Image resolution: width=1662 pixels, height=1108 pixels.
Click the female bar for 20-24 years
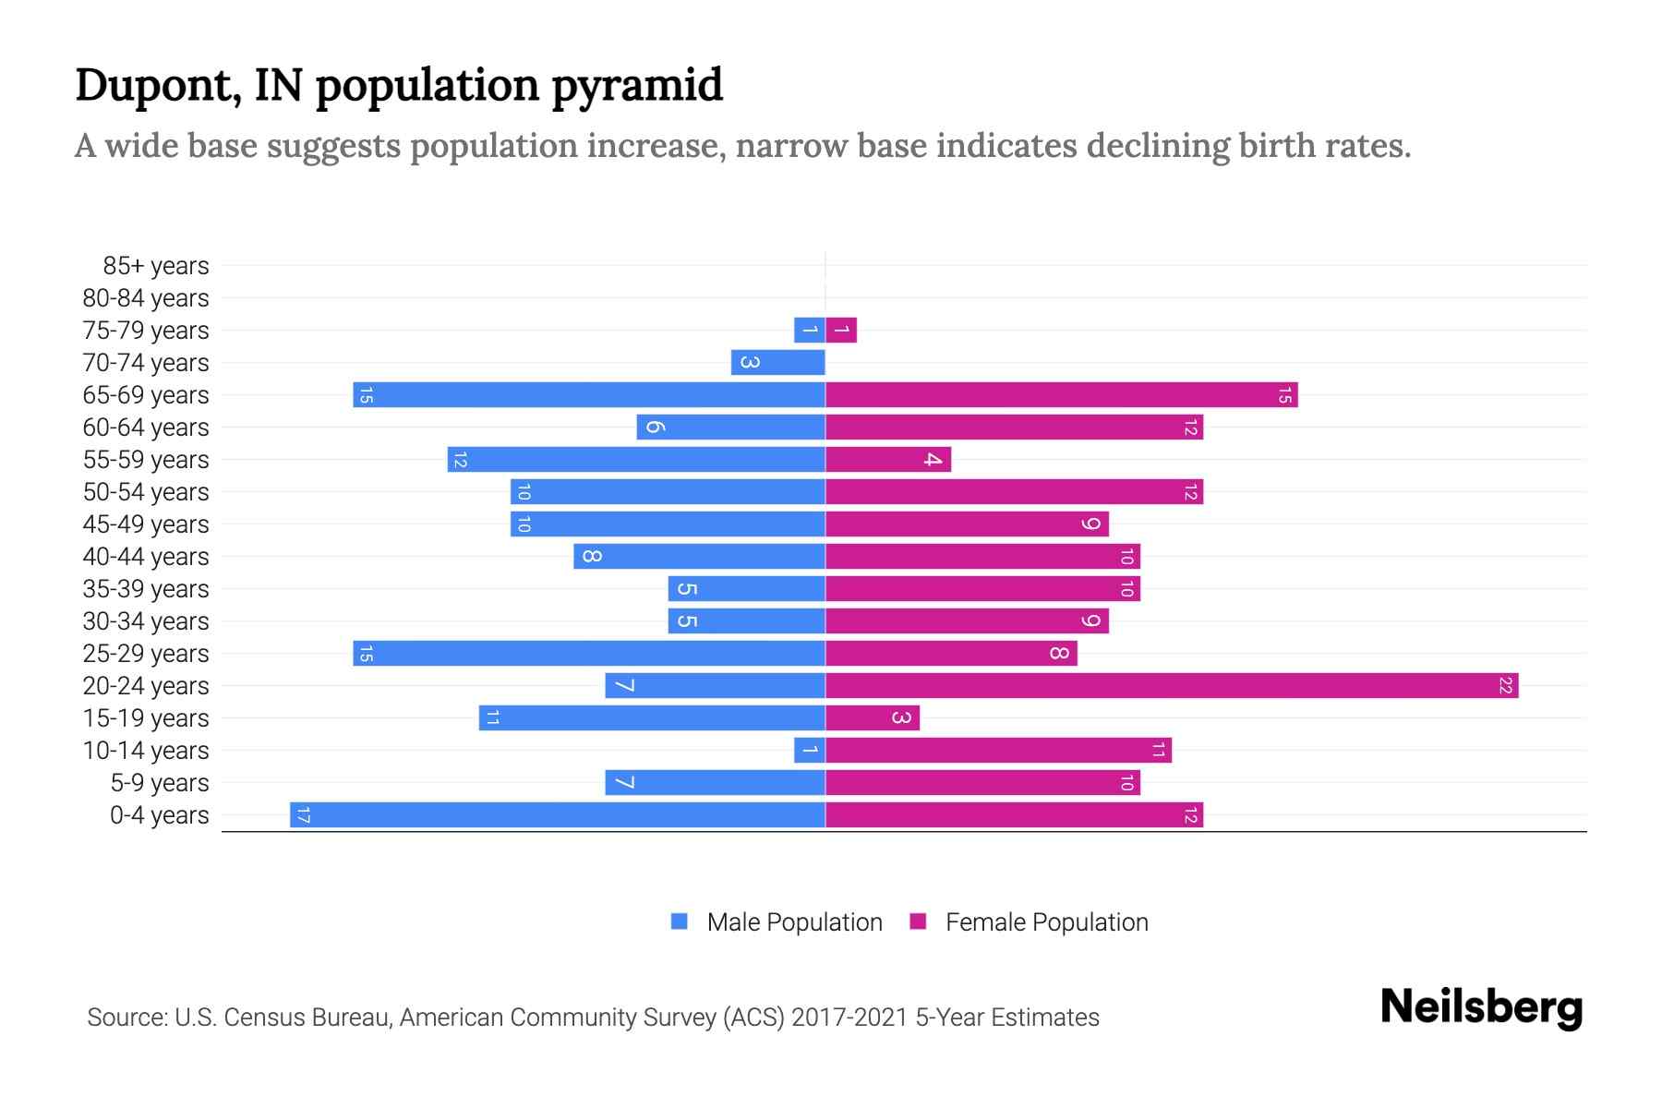[x=1171, y=686]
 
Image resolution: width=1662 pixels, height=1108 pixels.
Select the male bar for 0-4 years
[x=558, y=815]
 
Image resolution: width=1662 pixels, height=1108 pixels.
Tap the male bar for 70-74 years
[x=777, y=363]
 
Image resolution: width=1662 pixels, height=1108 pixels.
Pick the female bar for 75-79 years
[x=841, y=331]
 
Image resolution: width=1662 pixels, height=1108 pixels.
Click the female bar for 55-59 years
[x=887, y=460]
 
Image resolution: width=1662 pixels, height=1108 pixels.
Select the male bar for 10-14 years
[x=810, y=751]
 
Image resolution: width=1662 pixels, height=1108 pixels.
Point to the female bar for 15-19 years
[x=872, y=718]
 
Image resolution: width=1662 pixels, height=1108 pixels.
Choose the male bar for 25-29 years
[x=589, y=654]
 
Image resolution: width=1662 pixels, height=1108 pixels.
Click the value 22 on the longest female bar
[x=1505, y=686]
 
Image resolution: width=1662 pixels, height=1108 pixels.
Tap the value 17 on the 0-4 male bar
[x=304, y=815]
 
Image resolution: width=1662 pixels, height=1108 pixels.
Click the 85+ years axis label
[x=156, y=266]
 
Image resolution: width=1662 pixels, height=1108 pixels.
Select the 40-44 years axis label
[x=146, y=557]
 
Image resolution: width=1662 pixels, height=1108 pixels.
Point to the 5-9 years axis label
[x=160, y=783]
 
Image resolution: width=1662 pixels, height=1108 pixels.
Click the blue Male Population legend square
[x=680, y=921]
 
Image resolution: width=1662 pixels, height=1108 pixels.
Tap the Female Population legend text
[x=1046, y=922]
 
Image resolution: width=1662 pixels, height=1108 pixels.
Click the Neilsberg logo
[x=1481, y=1007]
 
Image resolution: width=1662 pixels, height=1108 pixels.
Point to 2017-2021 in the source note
[x=849, y=1018]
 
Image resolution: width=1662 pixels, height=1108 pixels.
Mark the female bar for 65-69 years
[x=1061, y=395]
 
